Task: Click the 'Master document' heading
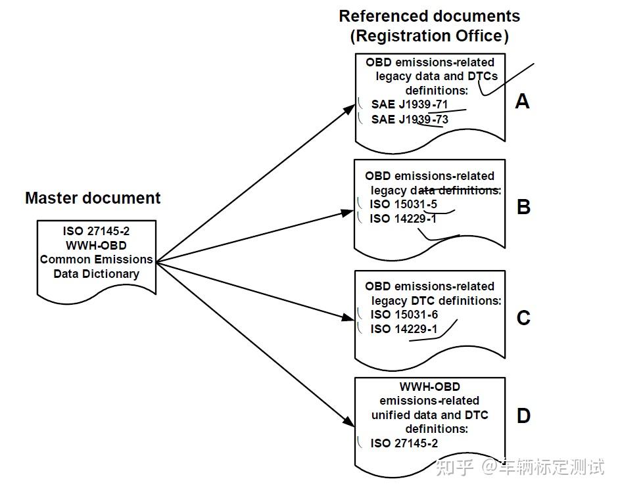93,198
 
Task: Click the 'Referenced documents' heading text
429,16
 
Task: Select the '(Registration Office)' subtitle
429,36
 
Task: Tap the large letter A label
522,101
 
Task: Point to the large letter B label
523,207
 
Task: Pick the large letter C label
523,318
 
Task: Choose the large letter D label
523,416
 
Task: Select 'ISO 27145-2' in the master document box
96,231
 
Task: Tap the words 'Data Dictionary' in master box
96,274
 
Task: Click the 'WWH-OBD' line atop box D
429,387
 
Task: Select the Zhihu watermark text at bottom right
519,468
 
